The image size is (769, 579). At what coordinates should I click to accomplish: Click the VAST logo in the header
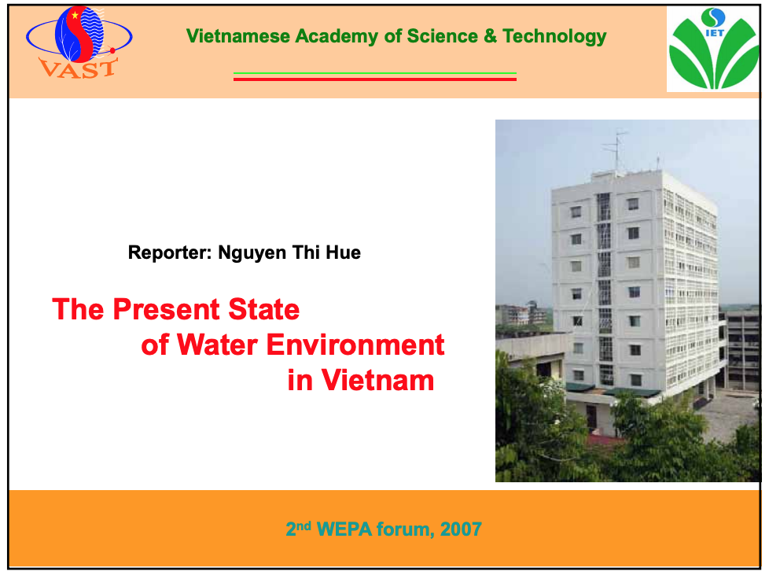(x=79, y=42)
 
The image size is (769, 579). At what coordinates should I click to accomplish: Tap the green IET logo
(x=714, y=49)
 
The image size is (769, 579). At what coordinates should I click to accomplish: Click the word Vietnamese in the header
(x=238, y=36)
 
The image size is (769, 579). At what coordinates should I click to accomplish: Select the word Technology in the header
(x=554, y=37)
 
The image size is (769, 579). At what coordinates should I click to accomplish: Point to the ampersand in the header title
(x=490, y=36)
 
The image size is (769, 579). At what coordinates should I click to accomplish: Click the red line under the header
(x=375, y=79)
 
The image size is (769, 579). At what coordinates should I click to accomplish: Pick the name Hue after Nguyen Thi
(x=344, y=253)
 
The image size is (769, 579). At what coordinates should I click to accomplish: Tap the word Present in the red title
(x=166, y=309)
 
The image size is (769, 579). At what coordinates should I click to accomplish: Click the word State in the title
(x=264, y=309)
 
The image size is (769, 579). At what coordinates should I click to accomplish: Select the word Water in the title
(x=217, y=345)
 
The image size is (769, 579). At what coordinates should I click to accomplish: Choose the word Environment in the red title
(x=355, y=345)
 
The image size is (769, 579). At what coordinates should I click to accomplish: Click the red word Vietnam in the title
(x=377, y=380)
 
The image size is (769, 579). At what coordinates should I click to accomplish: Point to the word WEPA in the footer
(x=344, y=529)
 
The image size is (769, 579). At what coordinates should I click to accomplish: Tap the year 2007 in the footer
(x=461, y=529)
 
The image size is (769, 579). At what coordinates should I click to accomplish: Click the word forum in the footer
(x=405, y=529)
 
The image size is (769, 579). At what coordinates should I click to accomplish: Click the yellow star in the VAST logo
(x=75, y=16)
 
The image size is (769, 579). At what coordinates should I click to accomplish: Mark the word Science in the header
(x=443, y=36)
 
